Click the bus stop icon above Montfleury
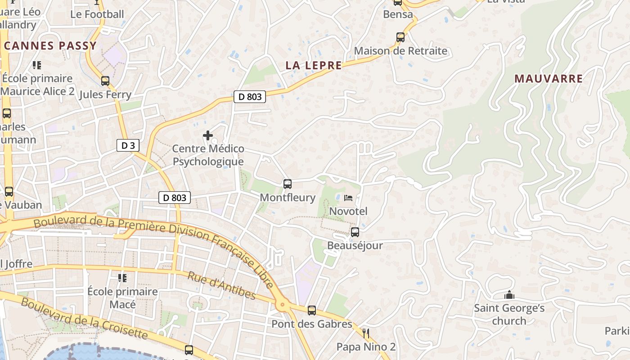coord(288,184)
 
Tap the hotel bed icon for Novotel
coord(348,198)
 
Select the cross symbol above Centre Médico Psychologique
coord(208,135)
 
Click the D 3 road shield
coord(128,145)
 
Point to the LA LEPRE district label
coord(314,65)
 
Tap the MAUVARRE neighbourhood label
coord(549,79)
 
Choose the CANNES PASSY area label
coord(50,45)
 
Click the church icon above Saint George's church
coord(509,295)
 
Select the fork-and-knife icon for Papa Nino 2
coord(366,333)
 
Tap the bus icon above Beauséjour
coord(355,232)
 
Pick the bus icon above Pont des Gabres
coord(312,310)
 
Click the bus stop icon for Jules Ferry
coord(105,81)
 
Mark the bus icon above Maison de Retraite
coord(400,37)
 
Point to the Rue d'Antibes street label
coord(221,285)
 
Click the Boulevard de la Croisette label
coord(84,319)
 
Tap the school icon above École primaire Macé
coord(122,278)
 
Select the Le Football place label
coord(97,14)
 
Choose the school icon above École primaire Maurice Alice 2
coord(37,65)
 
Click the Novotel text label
coord(348,211)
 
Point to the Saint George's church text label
coord(509,315)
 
